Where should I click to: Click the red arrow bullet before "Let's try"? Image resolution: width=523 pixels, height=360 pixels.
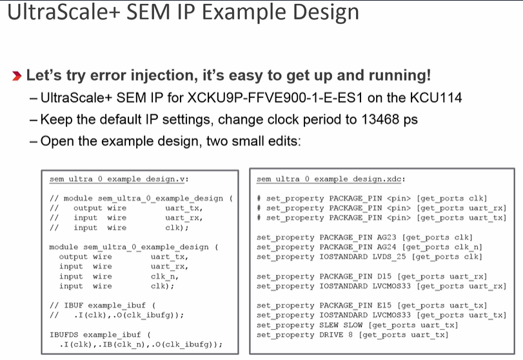pyautogui.click(x=17, y=76)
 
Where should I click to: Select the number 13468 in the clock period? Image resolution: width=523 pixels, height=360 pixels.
pyautogui.click(x=379, y=119)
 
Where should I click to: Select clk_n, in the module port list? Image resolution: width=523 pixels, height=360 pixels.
pyautogui.click(x=163, y=276)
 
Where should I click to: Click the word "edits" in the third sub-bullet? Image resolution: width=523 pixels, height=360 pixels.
pyautogui.click(x=281, y=141)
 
